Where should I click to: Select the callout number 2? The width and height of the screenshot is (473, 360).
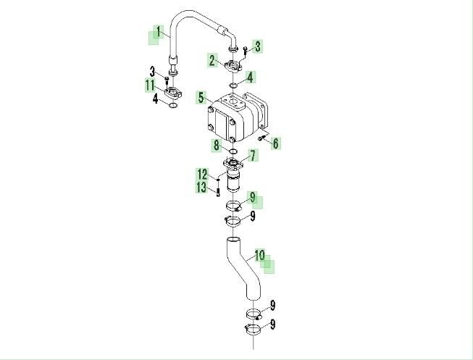click(x=212, y=60)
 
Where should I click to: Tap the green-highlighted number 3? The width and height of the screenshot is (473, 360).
click(x=257, y=46)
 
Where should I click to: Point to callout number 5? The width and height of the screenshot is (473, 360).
click(x=201, y=97)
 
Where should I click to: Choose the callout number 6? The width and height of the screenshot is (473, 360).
click(x=275, y=143)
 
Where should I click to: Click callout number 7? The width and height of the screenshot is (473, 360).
click(x=253, y=156)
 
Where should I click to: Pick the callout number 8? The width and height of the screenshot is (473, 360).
click(x=217, y=146)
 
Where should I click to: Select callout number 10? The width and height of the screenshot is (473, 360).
click(x=260, y=255)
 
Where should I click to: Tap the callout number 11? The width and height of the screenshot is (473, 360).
click(x=150, y=85)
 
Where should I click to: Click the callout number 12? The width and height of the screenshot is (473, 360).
click(x=203, y=174)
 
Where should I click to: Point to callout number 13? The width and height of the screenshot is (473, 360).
click(x=201, y=187)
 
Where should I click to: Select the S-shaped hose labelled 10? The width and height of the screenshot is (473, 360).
click(x=243, y=269)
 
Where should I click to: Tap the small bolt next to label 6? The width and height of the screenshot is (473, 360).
click(x=261, y=138)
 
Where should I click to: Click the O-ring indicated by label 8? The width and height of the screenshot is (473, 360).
click(x=233, y=151)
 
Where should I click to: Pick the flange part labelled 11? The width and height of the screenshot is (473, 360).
click(x=173, y=92)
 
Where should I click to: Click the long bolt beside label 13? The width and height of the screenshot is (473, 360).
click(x=218, y=192)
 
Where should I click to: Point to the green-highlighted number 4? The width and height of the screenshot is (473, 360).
click(x=250, y=78)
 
